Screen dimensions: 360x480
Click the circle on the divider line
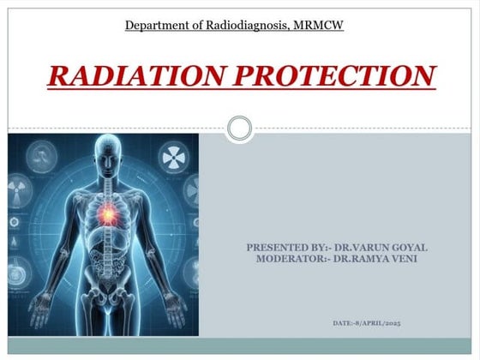coord(240,129)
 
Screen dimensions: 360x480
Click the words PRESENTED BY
coord(279,248)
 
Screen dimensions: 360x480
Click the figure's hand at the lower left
coord(38,302)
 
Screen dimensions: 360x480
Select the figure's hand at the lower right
coord(173,303)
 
